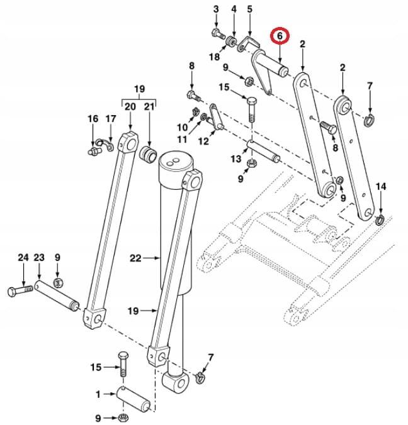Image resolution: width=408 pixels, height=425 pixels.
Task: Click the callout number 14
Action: coord(380,186)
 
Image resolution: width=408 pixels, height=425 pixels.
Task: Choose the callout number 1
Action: coord(98,394)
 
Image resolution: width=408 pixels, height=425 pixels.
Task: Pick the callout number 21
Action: coord(149,107)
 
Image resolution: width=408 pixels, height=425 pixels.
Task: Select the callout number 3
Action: coord(216,9)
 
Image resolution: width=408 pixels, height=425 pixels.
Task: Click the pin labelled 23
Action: coord(57,295)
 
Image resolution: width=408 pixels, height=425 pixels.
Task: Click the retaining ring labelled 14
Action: coord(380,220)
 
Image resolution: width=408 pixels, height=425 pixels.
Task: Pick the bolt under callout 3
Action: coord(217,33)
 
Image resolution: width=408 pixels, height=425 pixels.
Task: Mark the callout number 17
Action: coord(111,119)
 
